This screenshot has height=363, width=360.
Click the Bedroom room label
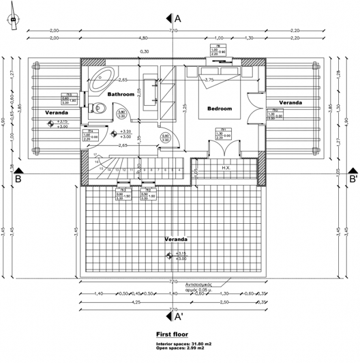click(x=220, y=108)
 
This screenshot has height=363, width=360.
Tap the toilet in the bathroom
click(x=99, y=107)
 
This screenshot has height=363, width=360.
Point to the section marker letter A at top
click(x=178, y=18)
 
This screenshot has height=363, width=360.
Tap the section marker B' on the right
click(x=353, y=179)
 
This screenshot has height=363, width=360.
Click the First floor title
click(x=172, y=334)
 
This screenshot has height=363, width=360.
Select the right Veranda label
click(x=290, y=102)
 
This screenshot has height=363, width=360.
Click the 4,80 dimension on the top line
click(x=143, y=38)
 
